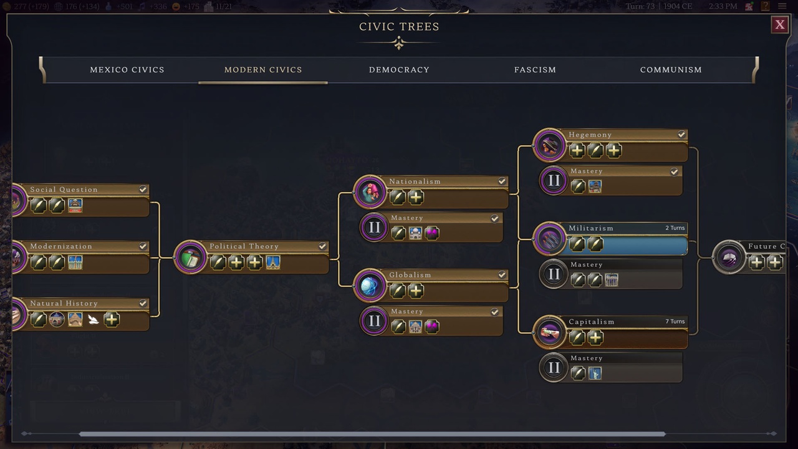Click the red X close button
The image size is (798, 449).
coord(779,25)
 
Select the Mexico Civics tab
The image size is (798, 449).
coord(127,70)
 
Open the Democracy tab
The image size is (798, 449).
coord(399,70)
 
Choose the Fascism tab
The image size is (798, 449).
coord(535,70)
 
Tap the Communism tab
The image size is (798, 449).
coord(671,70)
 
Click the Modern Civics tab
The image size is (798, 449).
coord(263,70)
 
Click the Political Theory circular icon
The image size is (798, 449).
coord(190,256)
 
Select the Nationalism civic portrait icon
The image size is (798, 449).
coord(370,191)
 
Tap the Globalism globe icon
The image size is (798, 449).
coord(370,285)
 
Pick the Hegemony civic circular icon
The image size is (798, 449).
coord(549,145)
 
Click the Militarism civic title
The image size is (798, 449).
coord(591,228)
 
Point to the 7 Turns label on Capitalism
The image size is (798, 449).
coord(675,322)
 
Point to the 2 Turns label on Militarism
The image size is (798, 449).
coord(675,228)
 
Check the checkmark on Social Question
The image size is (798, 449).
coord(143,190)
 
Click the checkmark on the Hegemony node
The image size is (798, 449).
coord(681,135)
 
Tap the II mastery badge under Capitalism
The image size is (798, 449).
coord(554,368)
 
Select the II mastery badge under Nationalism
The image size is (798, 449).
coord(374,228)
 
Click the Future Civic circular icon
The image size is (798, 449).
coord(729,256)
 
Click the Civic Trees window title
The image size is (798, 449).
coord(399,27)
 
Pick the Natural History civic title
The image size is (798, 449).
coord(64,304)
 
